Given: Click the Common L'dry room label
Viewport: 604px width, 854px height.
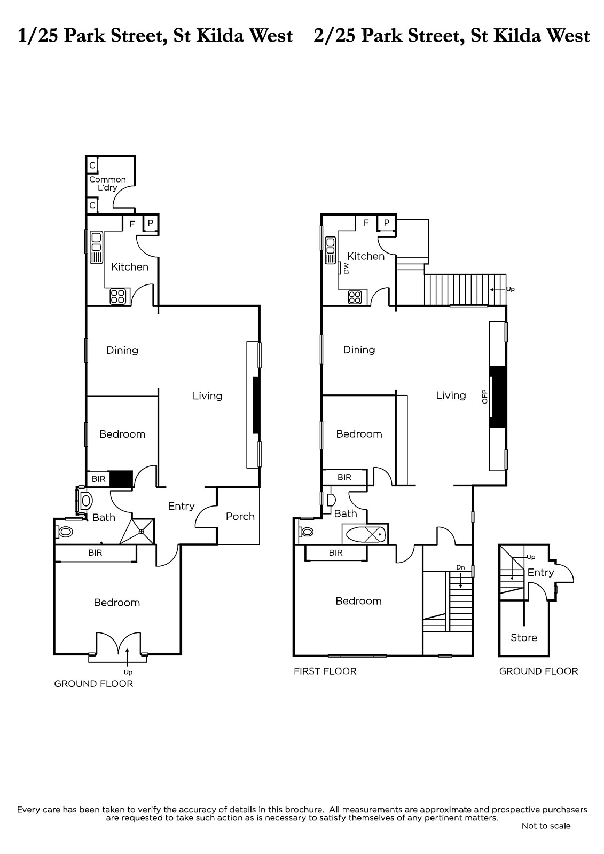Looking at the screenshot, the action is coord(107,184).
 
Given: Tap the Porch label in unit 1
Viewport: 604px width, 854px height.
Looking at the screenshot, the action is coord(240,516).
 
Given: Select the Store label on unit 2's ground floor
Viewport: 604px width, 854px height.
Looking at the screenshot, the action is coord(524,637).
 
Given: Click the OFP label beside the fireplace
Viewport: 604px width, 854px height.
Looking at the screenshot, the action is coord(484,397).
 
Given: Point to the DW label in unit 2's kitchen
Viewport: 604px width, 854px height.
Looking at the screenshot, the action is coord(347,269).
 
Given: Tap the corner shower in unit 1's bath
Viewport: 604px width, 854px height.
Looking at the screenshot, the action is coord(138,531).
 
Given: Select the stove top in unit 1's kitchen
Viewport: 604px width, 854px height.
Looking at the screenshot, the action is coord(118,296).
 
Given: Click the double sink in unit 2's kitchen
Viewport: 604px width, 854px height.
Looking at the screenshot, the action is coord(331,250).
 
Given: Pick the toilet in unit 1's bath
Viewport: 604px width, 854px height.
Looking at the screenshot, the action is coord(64,532).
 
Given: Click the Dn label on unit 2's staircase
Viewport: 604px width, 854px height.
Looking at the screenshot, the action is coord(460,567).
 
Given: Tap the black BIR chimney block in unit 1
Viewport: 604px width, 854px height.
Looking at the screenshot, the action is coord(121,479).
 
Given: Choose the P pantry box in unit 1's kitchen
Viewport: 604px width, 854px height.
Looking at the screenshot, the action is coord(150,223).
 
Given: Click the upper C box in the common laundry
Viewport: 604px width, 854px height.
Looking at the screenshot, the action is coord(92,165).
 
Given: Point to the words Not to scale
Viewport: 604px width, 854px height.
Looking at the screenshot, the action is coord(546,826).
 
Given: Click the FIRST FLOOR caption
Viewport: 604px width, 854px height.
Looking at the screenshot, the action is coord(325,671).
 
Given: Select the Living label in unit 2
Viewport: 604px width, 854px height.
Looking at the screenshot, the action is coord(451,396).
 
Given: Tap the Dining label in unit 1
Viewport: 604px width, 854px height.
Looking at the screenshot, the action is coord(122,350).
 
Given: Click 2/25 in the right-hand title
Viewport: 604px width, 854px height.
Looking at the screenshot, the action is coord(334,36).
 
